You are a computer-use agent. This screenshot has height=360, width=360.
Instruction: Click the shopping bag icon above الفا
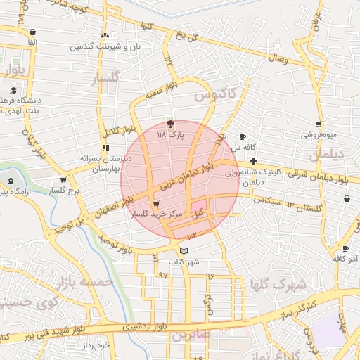coord(33,32)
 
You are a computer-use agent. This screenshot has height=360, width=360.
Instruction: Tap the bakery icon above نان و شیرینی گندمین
coord(105,35)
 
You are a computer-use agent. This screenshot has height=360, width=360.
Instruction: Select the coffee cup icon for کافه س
coord(243,136)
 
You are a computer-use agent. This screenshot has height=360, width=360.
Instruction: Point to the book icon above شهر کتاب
coord(184,251)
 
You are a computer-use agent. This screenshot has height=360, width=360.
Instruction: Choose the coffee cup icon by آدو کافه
coord(345,248)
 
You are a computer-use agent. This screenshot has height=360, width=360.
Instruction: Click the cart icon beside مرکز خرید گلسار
coord(146,203)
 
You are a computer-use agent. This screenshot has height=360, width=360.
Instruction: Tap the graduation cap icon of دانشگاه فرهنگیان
coord(13,90)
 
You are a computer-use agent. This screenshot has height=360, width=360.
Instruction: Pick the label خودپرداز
coord(94,345)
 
